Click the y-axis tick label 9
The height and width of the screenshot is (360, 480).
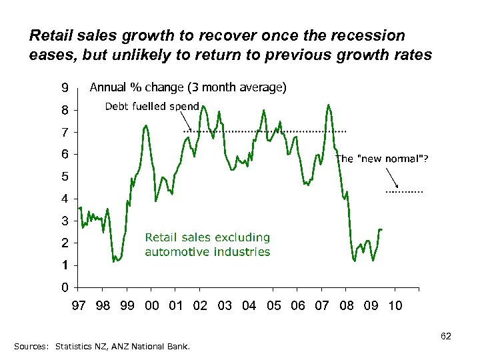(65, 87)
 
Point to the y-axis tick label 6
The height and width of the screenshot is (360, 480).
(65, 154)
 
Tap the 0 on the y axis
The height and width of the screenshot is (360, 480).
(65, 287)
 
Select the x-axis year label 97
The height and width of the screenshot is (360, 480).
(79, 305)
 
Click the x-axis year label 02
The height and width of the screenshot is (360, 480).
(201, 305)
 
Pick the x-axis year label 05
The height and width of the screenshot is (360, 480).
(274, 305)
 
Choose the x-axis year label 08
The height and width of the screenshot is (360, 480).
(347, 305)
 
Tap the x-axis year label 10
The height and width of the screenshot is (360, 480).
(395, 305)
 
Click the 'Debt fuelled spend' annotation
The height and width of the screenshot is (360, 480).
(152, 107)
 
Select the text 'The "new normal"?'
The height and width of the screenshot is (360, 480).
(382, 159)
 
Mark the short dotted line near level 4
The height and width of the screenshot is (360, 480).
(404, 192)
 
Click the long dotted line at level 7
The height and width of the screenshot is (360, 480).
(267, 131)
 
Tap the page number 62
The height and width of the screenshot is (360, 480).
(446, 337)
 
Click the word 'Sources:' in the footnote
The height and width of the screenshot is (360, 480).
(31, 347)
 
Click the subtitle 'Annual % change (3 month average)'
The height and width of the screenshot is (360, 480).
(188, 87)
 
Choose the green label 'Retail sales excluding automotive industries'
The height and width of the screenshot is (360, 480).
(207, 245)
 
